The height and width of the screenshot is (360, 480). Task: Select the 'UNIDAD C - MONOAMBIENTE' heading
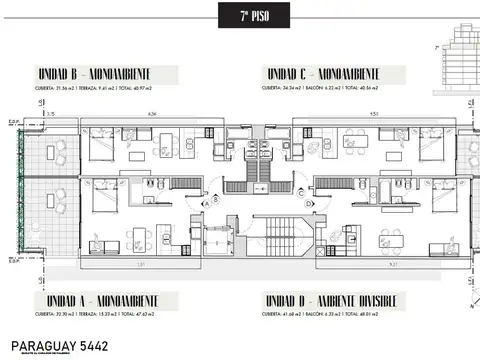pos(322,74)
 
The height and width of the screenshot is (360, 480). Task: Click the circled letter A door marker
pos(206,202)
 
